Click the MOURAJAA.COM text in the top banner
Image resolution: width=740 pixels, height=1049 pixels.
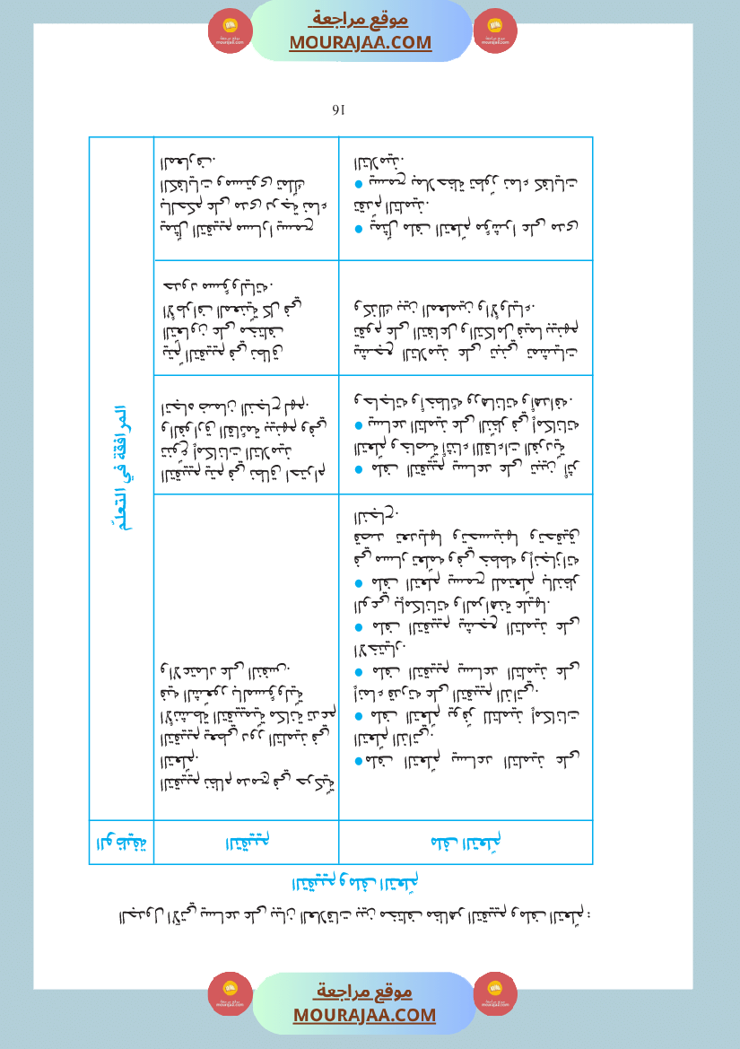coord(361,42)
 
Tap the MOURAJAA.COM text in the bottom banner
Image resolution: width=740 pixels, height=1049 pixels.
coord(364,1015)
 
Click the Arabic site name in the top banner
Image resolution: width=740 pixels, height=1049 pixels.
coord(361,19)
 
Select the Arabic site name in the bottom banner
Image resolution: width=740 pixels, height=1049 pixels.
coord(364,992)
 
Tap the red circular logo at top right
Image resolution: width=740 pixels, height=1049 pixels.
coord(494,31)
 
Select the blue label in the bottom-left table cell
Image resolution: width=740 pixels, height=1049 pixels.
coord(121,843)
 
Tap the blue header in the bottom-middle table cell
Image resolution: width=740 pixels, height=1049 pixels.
coord(247,843)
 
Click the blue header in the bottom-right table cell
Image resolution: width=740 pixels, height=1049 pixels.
coord(466,843)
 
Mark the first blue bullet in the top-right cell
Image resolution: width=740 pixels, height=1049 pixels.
coord(357,184)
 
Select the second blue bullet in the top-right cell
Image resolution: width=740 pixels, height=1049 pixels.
coord(357,228)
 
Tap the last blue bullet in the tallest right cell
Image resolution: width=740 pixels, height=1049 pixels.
coord(357,761)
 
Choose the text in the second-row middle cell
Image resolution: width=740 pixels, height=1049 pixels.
coord(246,318)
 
